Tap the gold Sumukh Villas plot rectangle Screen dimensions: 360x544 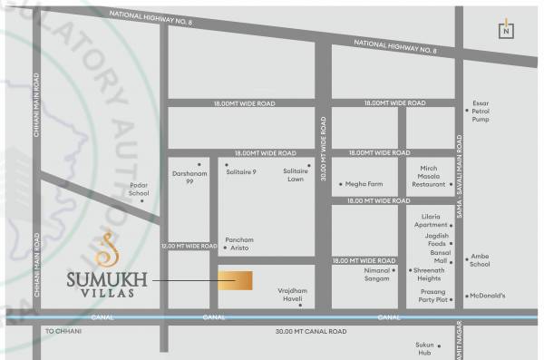coord(235,280)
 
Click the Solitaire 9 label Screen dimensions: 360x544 coord(242,171)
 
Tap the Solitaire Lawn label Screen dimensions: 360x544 coord(295,175)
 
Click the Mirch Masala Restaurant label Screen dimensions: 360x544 coord(429,175)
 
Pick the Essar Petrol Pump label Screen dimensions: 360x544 coord(481,111)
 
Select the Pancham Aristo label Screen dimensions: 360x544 coord(239,243)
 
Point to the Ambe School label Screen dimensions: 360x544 coord(480,260)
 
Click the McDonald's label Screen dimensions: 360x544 coord(488,296)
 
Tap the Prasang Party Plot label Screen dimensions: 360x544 coord(426,295)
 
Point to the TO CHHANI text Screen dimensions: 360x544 coord(63,332)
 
